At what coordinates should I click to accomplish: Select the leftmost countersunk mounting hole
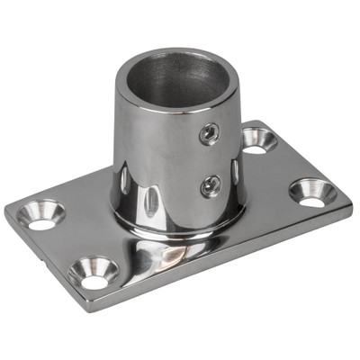(x=41, y=215)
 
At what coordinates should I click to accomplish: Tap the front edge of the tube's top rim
(x=171, y=112)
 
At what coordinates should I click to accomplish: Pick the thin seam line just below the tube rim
(x=162, y=114)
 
